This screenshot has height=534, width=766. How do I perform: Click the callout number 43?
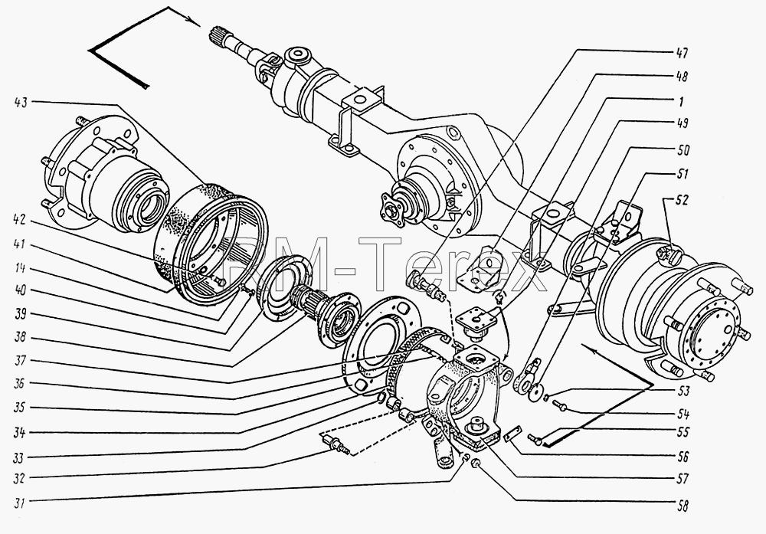coord(22,102)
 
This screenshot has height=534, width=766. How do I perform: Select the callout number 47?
coord(682,53)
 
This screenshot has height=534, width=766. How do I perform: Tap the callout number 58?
coord(682,506)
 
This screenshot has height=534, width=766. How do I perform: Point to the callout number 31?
coord(21,503)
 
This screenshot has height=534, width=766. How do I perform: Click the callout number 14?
coord(21,268)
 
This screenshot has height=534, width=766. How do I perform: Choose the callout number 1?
coord(680,102)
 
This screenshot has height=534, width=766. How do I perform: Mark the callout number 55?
coord(682,432)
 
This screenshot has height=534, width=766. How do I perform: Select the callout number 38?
coord(21,338)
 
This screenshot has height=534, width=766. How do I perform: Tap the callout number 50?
coord(682,150)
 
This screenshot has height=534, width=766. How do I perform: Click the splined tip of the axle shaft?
coord(218,37)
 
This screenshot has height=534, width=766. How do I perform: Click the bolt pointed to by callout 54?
coord(560,405)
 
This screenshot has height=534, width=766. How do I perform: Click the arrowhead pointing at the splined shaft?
coord(195,22)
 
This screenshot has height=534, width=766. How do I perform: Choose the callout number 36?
coord(21,384)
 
